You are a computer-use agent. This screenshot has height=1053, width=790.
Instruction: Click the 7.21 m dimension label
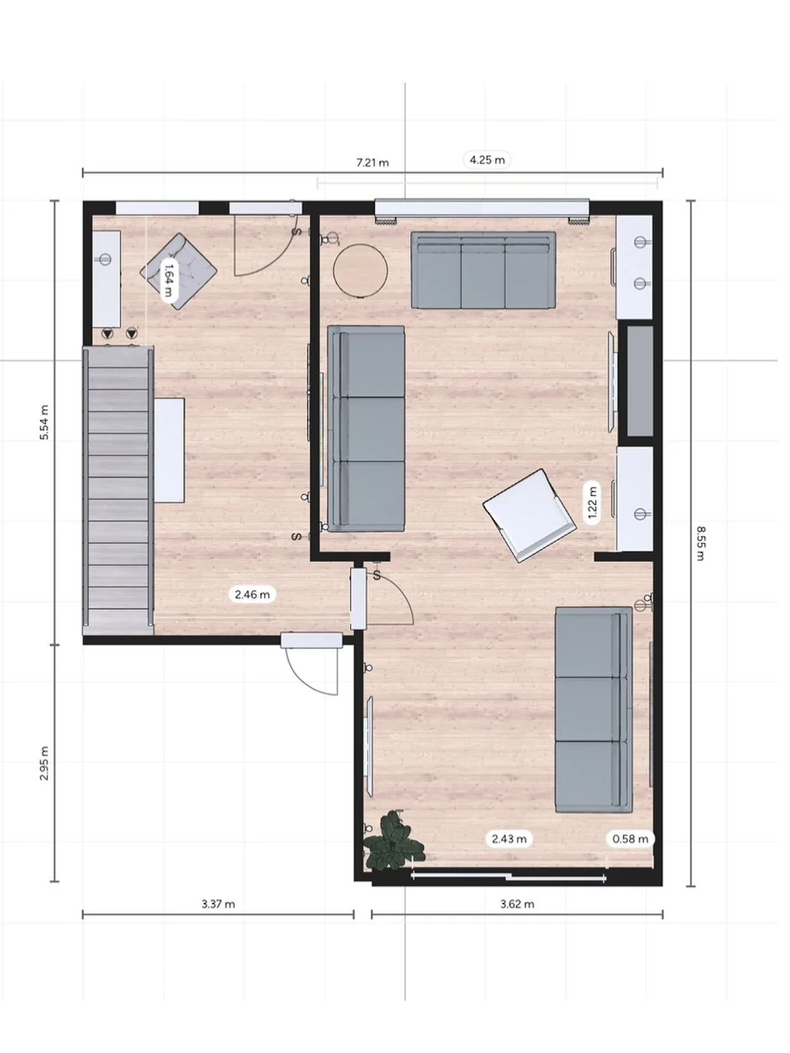click(373, 162)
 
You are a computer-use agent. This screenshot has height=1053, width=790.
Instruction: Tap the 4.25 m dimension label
click(487, 160)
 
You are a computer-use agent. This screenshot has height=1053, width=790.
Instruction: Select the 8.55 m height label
click(701, 544)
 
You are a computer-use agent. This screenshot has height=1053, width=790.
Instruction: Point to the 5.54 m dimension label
click(44, 422)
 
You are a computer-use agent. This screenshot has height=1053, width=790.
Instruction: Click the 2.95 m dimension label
click(44, 763)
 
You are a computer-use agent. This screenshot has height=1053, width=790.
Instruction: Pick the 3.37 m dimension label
click(218, 903)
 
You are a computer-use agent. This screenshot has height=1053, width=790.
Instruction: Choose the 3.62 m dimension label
click(517, 903)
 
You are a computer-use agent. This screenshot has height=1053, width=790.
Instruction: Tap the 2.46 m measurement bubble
click(253, 594)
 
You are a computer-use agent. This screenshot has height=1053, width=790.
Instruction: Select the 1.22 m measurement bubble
click(592, 501)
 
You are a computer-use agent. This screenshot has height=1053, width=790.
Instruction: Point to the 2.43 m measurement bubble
click(509, 838)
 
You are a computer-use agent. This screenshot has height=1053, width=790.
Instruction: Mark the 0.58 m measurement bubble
click(630, 838)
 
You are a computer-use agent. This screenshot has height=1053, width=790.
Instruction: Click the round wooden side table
click(360, 271)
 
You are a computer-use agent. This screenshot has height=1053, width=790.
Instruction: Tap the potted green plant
click(392, 841)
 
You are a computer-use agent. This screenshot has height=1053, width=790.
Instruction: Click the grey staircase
click(119, 490)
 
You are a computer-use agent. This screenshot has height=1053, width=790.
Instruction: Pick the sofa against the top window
click(483, 270)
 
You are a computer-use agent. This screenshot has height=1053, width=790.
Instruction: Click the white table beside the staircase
click(170, 450)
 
